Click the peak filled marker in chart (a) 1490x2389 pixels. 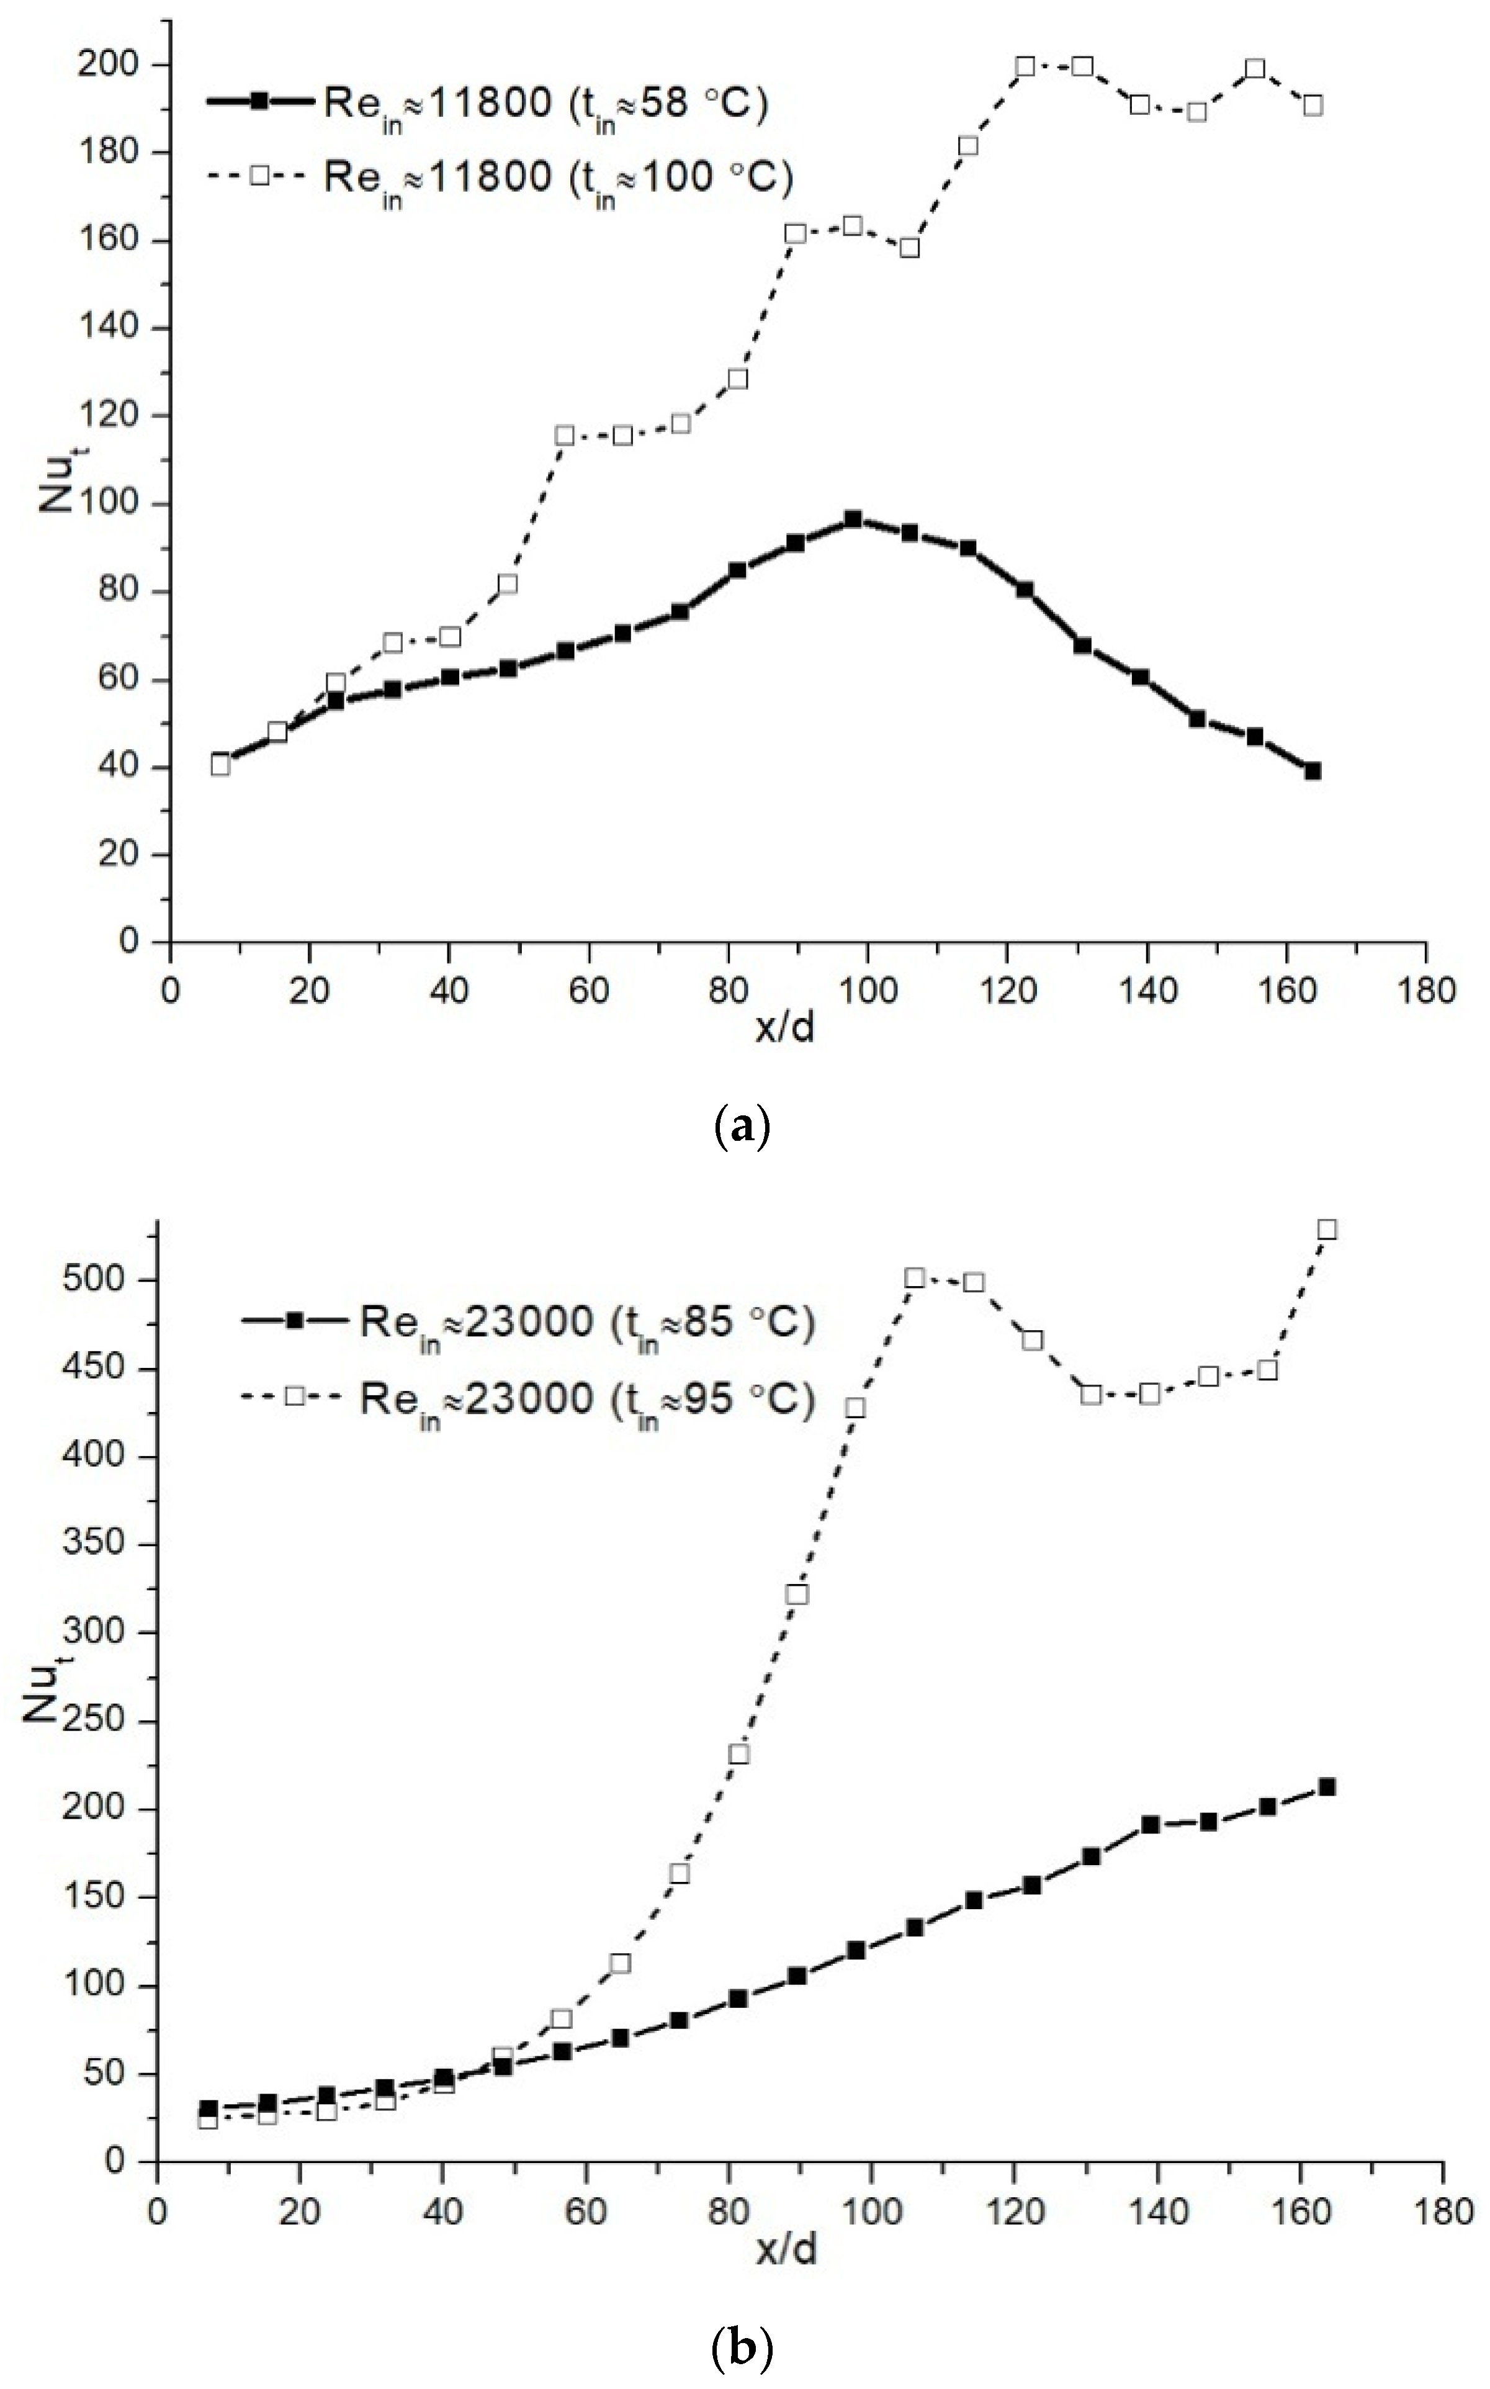point(853,520)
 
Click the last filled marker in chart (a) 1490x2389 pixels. point(1313,771)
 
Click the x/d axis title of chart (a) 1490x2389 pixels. point(786,1029)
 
